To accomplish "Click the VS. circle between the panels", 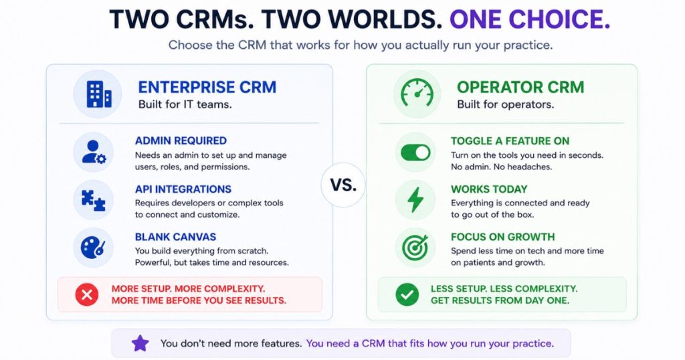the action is pos(343,185).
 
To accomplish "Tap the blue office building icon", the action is pos(99,94).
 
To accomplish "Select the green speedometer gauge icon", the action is pos(417,93).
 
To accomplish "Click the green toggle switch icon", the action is pos(415,153).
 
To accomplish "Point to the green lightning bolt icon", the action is pos(415,199).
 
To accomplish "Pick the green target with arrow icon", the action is pos(415,248).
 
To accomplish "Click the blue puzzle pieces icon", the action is pos(94,201).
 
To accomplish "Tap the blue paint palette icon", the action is pos(93,248).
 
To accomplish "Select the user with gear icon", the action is pos(94,152).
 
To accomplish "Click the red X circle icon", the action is pos(86,294).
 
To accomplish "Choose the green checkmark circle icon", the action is pos(407,294).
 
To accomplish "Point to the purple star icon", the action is pos(140,343).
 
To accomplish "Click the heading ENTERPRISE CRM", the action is pos(207,87).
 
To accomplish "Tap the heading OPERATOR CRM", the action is pos(520,87).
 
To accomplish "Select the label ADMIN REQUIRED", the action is pos(181,141).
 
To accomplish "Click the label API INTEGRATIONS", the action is pos(183,189).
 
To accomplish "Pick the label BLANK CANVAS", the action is pos(176,237).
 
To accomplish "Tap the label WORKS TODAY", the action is pos(489,189).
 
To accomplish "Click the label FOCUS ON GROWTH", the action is pos(503,237).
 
